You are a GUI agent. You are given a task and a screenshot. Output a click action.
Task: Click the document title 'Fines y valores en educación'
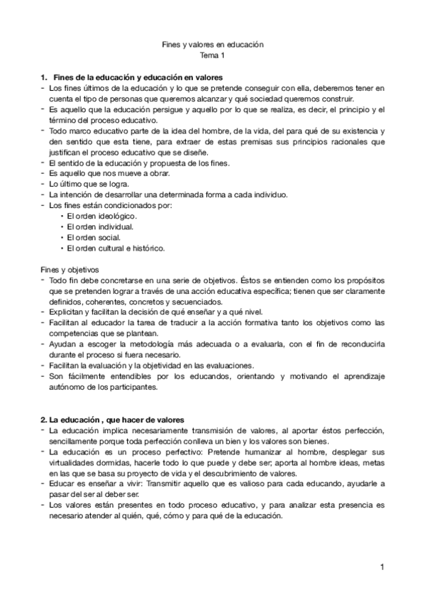pyautogui.click(x=212, y=44)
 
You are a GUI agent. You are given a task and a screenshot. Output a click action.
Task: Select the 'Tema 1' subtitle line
pyautogui.click(x=212, y=55)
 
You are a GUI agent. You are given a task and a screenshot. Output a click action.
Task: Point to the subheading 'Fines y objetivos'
pyautogui.click(x=69, y=270)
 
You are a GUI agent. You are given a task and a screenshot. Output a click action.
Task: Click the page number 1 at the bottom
pyautogui.click(x=381, y=567)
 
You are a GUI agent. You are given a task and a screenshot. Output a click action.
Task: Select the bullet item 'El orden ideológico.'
pyautogui.click(x=101, y=216)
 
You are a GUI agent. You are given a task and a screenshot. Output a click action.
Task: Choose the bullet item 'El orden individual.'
pyautogui.click(x=100, y=226)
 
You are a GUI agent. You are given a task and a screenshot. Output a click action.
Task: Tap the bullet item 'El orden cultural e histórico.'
pyautogui.click(x=116, y=248)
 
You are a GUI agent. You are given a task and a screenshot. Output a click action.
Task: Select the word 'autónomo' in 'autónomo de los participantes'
pyautogui.click(x=65, y=388)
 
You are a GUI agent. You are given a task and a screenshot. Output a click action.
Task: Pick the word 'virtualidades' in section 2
pyautogui.click(x=70, y=463)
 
